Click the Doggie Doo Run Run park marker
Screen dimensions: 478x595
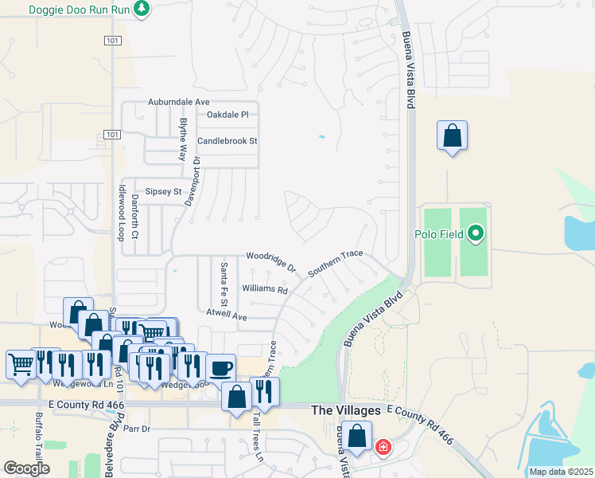(x=142, y=10)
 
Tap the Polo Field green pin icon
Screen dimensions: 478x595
(x=476, y=233)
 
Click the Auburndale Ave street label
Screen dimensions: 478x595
(x=178, y=103)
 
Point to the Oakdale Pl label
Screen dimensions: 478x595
(x=228, y=116)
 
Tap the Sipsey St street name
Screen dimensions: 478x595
(x=163, y=192)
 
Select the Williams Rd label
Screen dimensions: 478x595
(x=264, y=289)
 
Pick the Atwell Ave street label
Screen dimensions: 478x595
(x=227, y=316)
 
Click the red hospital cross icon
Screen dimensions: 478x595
(x=383, y=447)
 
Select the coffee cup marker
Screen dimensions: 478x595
(x=220, y=368)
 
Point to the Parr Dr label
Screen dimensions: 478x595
(x=137, y=429)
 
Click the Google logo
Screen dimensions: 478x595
(x=26, y=468)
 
